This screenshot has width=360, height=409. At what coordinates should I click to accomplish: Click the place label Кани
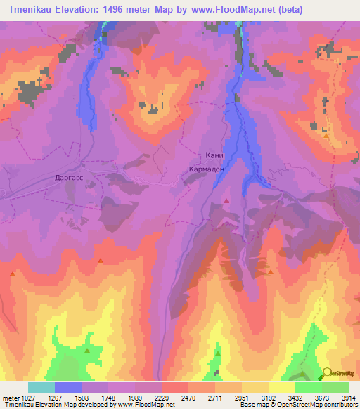click(214, 157)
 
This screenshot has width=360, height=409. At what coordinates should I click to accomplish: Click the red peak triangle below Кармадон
click(226, 201)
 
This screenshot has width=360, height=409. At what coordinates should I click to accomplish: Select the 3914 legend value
click(347, 398)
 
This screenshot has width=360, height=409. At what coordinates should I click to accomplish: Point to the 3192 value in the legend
click(267, 398)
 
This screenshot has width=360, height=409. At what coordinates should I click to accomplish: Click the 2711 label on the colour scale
click(214, 398)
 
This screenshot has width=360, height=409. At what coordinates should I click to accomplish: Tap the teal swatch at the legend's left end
click(41, 387)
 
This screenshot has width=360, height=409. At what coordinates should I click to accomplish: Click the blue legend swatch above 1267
click(68, 387)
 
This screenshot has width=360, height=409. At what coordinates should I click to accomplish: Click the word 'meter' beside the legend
click(10, 398)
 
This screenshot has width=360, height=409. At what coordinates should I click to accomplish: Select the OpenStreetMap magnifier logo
click(326, 372)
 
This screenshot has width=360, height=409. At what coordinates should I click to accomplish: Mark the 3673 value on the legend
click(321, 398)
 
